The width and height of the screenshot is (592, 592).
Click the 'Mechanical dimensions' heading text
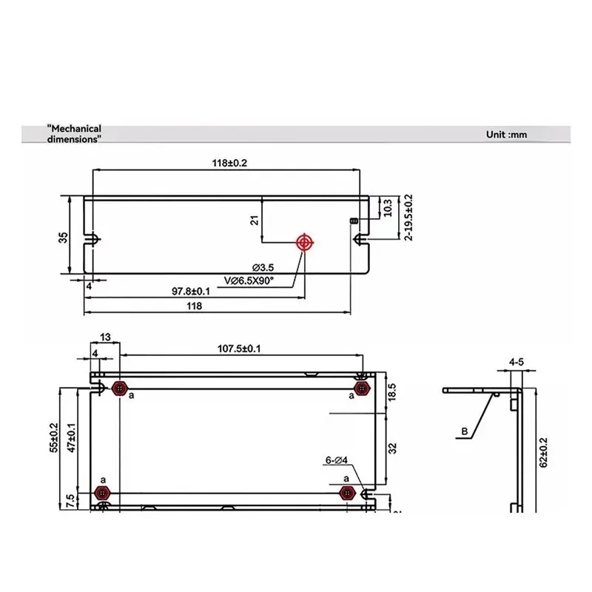pyautogui.click(x=73, y=133)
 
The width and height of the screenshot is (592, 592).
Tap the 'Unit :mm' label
pyautogui.click(x=506, y=135)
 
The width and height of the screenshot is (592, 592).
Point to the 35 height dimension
pyautogui.click(x=64, y=237)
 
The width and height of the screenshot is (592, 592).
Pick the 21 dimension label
pyautogui.click(x=255, y=220)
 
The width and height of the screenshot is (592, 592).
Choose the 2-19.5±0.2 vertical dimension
pyautogui.click(x=408, y=218)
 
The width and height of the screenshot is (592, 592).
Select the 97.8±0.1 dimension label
pyautogui.click(x=191, y=292)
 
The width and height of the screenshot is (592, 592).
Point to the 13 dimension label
pyautogui.click(x=105, y=337)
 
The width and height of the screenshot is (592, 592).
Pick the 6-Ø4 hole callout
pyautogui.click(x=337, y=460)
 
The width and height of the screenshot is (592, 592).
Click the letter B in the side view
pyautogui.click(x=464, y=431)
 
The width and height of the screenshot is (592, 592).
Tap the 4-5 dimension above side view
pyautogui.click(x=517, y=363)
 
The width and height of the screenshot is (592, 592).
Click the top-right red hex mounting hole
pyautogui.click(x=361, y=388)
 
